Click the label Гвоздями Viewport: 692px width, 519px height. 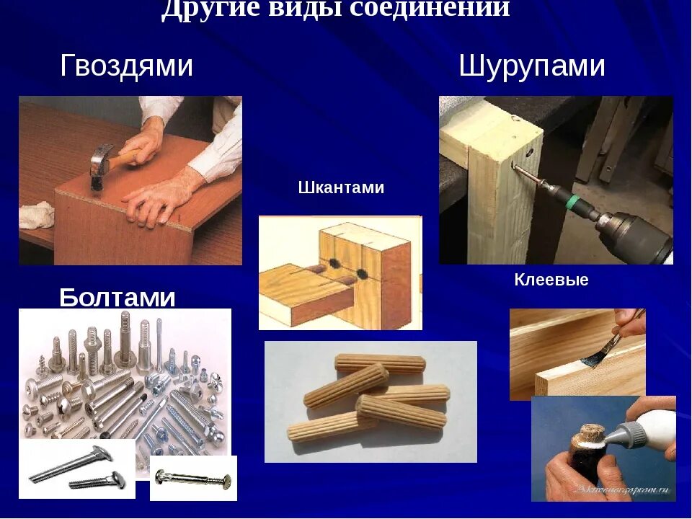click(x=126, y=66)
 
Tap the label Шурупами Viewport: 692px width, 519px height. click(x=532, y=66)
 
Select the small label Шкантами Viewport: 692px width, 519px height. click(x=341, y=188)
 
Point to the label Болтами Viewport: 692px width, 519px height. click(x=117, y=297)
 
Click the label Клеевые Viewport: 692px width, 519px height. click(x=551, y=280)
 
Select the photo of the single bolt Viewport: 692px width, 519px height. click(x=193, y=477)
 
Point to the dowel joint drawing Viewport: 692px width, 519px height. click(x=340, y=272)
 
